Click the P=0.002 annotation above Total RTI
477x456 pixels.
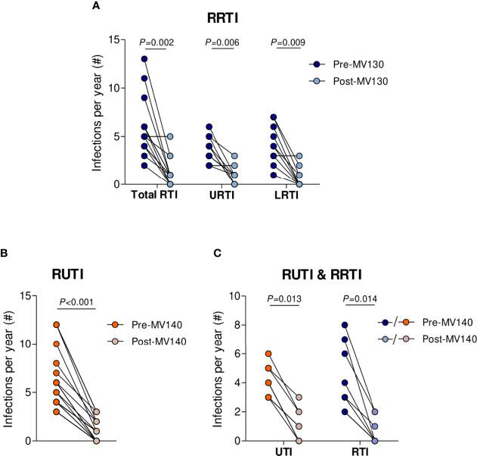[158, 44]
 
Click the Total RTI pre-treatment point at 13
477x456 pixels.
[144, 59]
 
